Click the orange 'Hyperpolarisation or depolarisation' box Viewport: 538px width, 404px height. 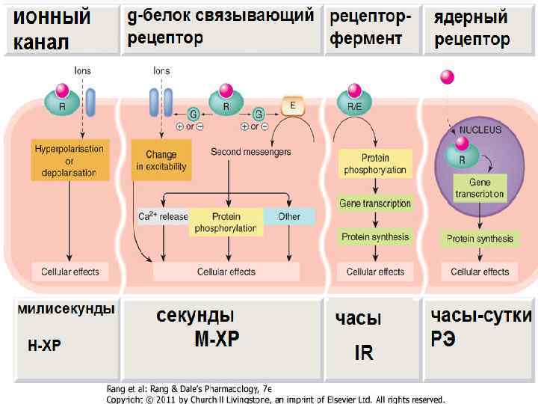69,160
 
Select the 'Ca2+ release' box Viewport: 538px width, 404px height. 163,217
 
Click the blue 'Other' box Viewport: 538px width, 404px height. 289,217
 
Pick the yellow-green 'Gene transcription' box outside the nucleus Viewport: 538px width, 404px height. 375,203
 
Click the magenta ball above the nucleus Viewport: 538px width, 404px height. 448,77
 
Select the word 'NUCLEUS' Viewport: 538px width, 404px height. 480,129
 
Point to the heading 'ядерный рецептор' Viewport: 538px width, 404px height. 472,28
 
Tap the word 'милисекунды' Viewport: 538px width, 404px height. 66,309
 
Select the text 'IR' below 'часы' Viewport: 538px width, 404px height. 364,352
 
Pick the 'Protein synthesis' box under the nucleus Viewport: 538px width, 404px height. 480,239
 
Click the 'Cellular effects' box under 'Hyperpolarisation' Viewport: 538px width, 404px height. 69,272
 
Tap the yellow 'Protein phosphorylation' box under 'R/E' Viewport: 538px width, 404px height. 375,164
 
